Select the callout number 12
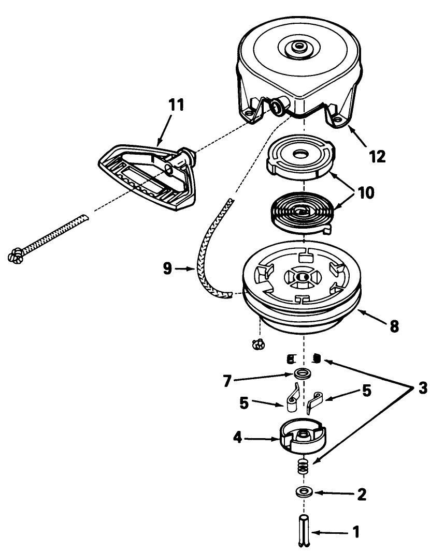click(377, 156)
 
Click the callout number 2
click(362, 493)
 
